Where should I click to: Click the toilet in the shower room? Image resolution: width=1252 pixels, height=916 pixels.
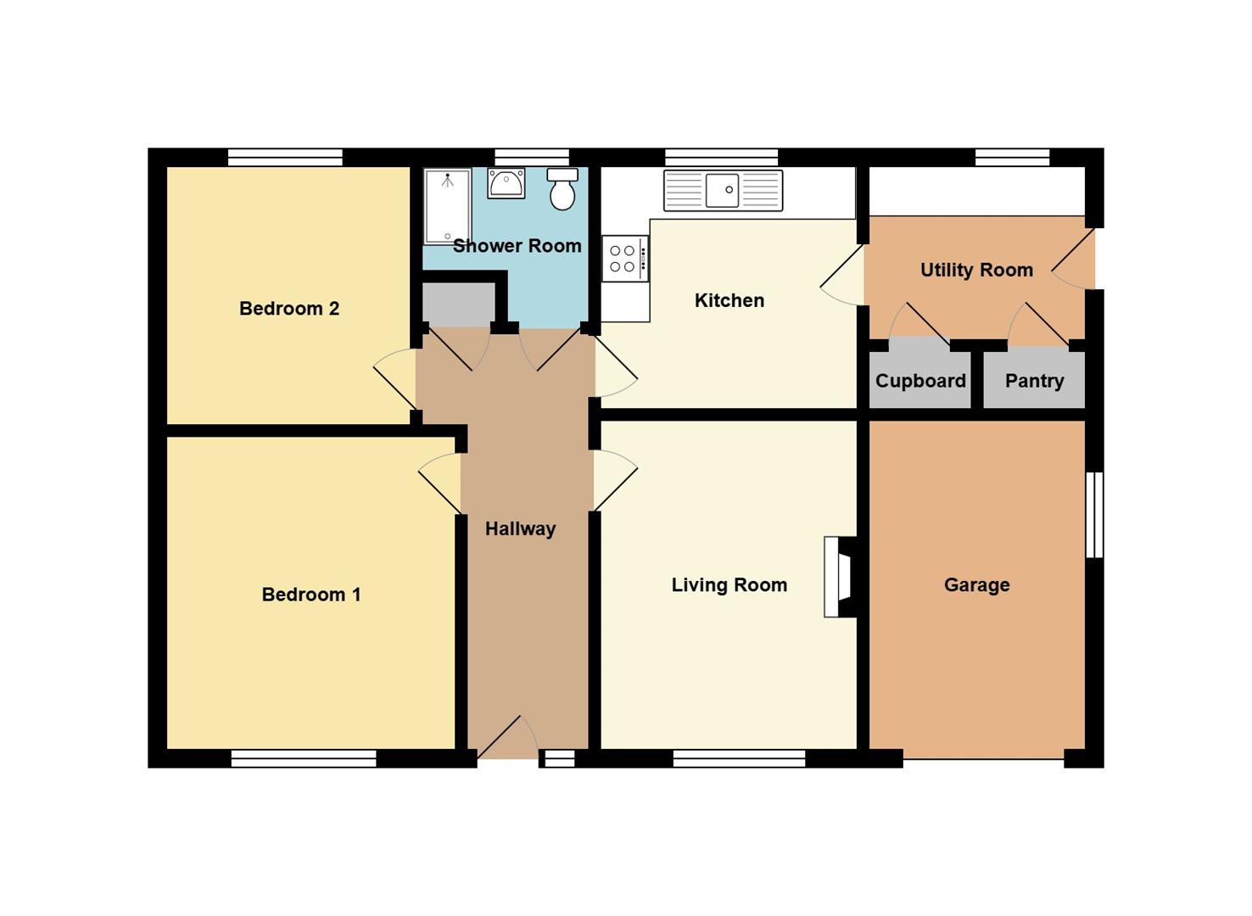562,189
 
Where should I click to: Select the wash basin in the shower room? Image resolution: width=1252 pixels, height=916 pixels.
506,182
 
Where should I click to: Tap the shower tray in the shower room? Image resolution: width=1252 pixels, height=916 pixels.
447,207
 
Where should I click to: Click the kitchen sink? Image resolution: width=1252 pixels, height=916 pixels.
723,191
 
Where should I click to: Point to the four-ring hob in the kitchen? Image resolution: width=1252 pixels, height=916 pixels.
625,258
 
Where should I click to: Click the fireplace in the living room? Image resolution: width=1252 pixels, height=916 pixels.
841,577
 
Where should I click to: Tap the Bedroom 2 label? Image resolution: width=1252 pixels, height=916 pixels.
289,309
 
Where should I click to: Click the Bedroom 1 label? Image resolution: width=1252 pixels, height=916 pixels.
311,594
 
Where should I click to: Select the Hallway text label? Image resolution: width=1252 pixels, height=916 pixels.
520,529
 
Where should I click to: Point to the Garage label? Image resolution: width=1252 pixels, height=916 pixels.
977,585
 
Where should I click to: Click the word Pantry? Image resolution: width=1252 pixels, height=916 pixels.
1035,381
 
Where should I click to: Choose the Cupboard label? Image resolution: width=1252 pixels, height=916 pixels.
920,381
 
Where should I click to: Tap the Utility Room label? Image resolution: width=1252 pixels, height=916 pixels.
976,271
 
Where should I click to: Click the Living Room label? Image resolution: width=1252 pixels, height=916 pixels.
729,585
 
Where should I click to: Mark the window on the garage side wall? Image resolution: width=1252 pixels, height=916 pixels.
1094,515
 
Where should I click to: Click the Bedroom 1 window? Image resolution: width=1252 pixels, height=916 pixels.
304,758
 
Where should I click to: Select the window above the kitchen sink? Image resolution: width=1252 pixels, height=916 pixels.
722,157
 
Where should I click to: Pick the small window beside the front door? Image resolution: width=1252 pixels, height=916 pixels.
560,758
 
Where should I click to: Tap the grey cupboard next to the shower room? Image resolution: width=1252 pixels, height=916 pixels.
458,304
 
